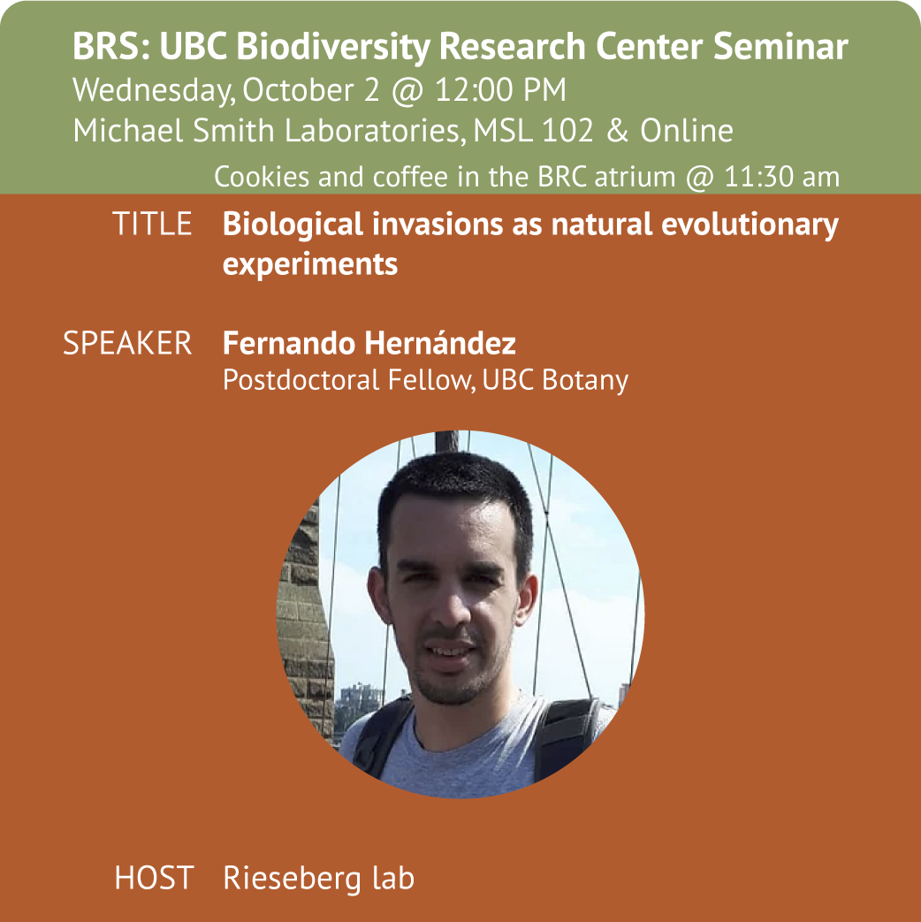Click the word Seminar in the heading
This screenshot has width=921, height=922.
(x=780, y=47)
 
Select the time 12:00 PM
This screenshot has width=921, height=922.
(x=500, y=90)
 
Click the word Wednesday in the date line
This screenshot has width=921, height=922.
(x=150, y=91)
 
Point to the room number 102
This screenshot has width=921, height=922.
(x=567, y=131)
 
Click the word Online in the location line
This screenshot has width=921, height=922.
(x=687, y=131)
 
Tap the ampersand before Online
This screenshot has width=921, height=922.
(x=618, y=131)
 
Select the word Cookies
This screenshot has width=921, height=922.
(x=262, y=177)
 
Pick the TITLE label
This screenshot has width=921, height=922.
(x=152, y=224)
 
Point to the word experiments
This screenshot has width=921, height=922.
(x=310, y=264)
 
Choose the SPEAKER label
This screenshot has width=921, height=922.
(x=127, y=343)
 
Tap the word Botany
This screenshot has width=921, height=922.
(x=585, y=380)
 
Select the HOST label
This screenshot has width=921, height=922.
(x=154, y=878)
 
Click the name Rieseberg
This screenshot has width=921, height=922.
(x=292, y=879)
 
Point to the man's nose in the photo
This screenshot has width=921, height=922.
(x=452, y=606)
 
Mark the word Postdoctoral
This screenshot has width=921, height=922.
(x=301, y=380)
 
